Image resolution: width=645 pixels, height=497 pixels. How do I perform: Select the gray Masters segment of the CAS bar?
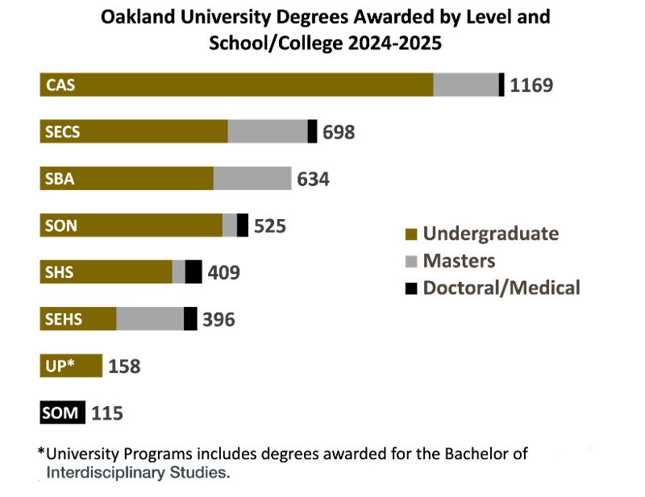coord(466,84)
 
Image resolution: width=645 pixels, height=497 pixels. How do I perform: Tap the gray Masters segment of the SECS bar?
coord(268,131)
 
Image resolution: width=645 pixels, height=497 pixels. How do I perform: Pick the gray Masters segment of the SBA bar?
coord(252,178)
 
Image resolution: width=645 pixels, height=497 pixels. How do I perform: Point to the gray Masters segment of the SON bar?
coord(230,226)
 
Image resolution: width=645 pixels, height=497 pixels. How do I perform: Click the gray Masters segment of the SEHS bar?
coord(150,319)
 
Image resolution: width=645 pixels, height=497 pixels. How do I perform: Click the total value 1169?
coord(531,85)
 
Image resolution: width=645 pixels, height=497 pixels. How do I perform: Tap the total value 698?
coord(339,132)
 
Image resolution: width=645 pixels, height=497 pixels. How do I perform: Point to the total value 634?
coord(314,179)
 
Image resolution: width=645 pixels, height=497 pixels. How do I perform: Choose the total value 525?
coord(269,226)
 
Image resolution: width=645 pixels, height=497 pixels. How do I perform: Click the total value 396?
coord(218,320)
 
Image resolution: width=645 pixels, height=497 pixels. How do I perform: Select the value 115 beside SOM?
coord(107,413)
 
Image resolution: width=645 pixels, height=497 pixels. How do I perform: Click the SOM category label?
coord(60,413)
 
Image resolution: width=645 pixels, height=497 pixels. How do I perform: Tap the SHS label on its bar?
coord(60,272)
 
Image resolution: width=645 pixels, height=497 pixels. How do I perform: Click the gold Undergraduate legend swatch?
coord(411,234)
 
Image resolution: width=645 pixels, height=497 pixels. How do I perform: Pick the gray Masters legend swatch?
coord(411,261)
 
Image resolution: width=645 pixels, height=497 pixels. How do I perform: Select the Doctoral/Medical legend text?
coord(501,288)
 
